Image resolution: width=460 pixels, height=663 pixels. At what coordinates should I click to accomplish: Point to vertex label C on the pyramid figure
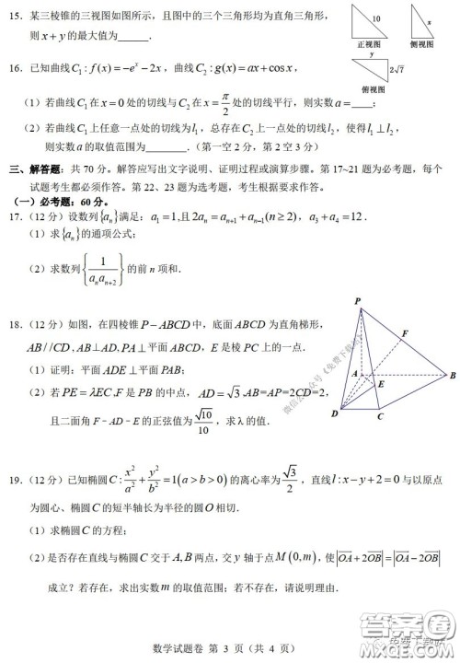[x=379, y=416]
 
